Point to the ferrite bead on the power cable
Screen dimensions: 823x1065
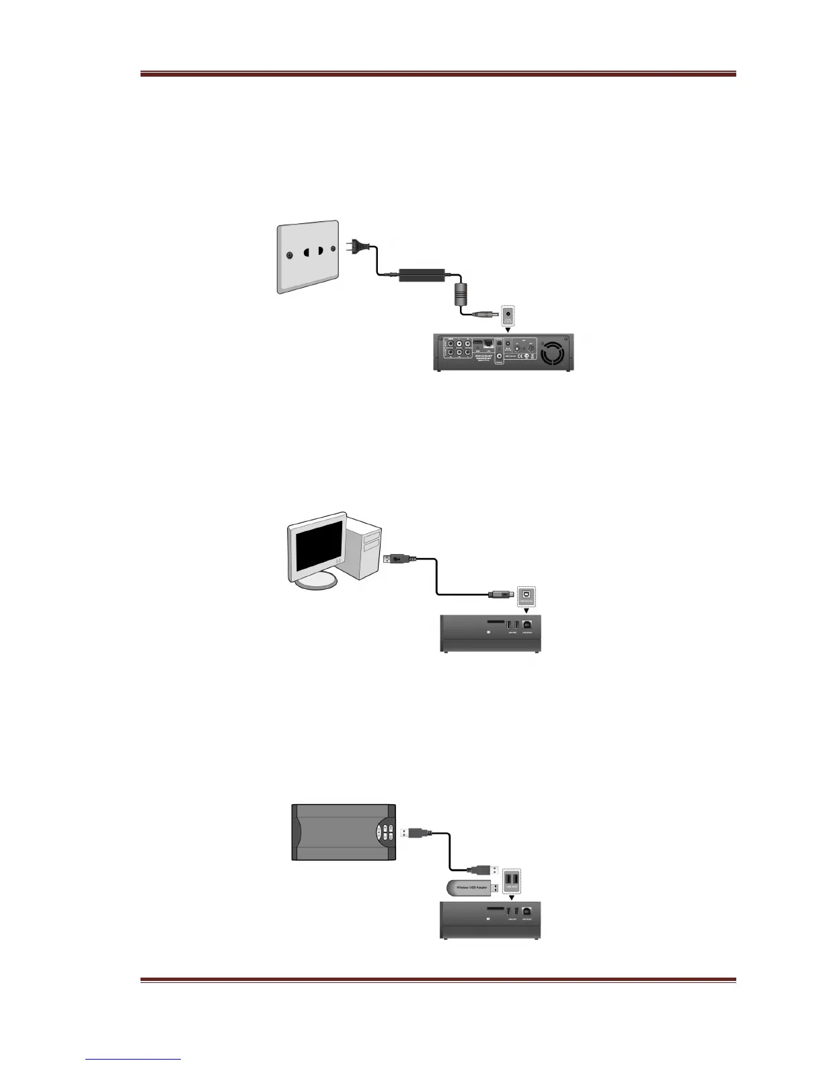click(461, 294)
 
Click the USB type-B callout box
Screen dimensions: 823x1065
click(526, 595)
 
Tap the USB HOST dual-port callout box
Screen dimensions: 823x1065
click(513, 881)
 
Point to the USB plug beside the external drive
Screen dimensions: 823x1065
click(415, 832)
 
